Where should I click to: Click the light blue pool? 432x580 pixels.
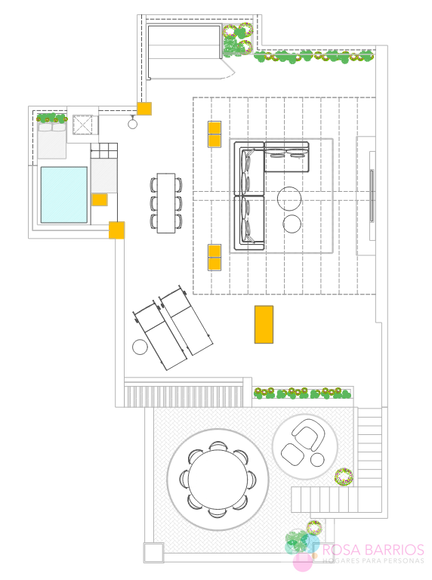pyautogui.click(x=64, y=195)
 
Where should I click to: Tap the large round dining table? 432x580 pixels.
pyautogui.click(x=218, y=479)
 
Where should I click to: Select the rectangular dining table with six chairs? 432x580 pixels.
pyautogui.click(x=166, y=203)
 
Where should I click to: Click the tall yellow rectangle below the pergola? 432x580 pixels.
pyautogui.click(x=264, y=325)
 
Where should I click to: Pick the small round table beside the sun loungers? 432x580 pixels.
pyautogui.click(x=140, y=347)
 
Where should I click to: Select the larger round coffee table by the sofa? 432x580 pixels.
pyautogui.click(x=289, y=199)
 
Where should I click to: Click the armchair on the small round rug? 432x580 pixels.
pyautogui.click(x=308, y=433)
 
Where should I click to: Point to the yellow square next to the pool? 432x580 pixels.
pyautogui.click(x=100, y=199)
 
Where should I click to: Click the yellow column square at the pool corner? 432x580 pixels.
pyautogui.click(x=116, y=230)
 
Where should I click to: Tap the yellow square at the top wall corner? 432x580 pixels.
pyautogui.click(x=144, y=109)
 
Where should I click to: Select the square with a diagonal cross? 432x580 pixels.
pyautogui.click(x=82, y=125)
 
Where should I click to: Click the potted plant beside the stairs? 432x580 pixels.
pyautogui.click(x=344, y=477)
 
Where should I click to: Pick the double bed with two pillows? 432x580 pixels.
pyautogui.click(x=52, y=140)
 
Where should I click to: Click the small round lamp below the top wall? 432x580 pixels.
pyautogui.click(x=132, y=124)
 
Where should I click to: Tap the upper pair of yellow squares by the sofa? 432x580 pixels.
pyautogui.click(x=214, y=134)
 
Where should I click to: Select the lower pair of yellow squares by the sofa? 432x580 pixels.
pyautogui.click(x=214, y=258)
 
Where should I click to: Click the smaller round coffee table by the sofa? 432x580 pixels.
pyautogui.click(x=292, y=224)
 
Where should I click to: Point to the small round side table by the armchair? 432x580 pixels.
pyautogui.click(x=317, y=460)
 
